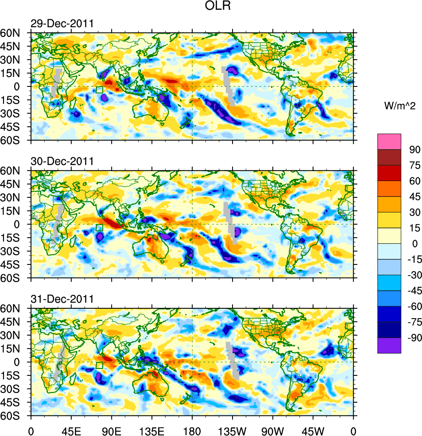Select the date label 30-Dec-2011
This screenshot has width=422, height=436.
tap(62, 162)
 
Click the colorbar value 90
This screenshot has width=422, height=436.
tap(414, 149)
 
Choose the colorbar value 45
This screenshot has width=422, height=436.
tap(414, 197)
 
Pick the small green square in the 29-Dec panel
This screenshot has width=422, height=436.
tap(99, 90)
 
